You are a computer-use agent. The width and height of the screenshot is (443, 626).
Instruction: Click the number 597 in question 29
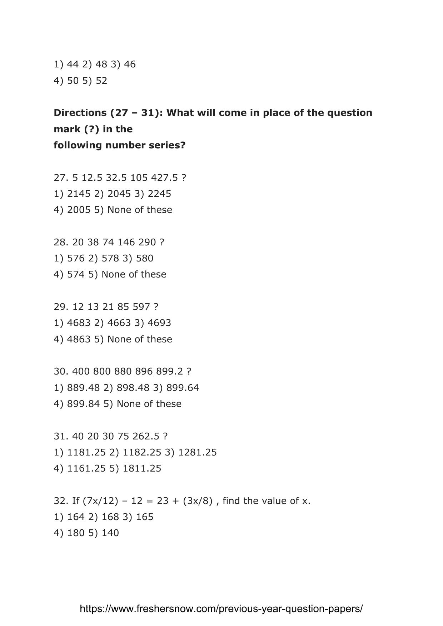click(141, 307)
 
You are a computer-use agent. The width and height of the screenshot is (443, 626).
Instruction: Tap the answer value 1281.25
click(197, 452)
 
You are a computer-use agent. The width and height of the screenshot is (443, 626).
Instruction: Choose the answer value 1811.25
click(142, 468)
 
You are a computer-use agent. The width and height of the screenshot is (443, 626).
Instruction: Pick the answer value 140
click(110, 533)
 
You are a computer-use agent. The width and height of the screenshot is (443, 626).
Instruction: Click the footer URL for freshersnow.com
click(221, 609)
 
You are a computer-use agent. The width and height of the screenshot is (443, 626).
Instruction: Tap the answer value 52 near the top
click(101, 81)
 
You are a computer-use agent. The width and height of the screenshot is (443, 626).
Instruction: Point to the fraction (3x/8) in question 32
click(198, 501)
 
